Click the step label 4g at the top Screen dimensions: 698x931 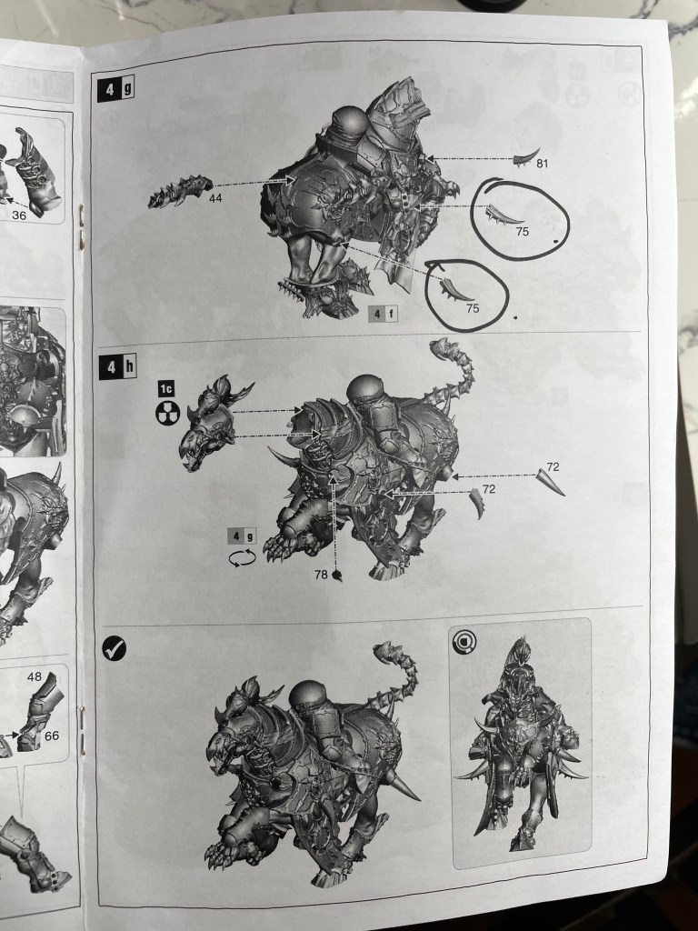coord(116,90)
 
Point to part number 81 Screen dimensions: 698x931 coord(542,164)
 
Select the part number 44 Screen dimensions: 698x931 coord(215,198)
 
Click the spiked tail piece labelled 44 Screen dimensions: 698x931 coord(181,191)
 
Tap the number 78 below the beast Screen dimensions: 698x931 coord(321,575)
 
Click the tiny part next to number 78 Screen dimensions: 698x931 coord(338,575)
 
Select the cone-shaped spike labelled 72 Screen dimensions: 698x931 coord(550,482)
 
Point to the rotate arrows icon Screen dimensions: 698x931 coord(243,558)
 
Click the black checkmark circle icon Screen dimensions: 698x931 coord(114,648)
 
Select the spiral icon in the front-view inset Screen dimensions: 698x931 coord(464,642)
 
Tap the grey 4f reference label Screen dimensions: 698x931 coord(383,315)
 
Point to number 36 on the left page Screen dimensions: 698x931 coord(19,215)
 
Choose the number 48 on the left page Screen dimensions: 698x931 coord(35,676)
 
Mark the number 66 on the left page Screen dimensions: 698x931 coord(52,736)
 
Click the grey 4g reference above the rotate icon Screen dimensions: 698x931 coord(242,536)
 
